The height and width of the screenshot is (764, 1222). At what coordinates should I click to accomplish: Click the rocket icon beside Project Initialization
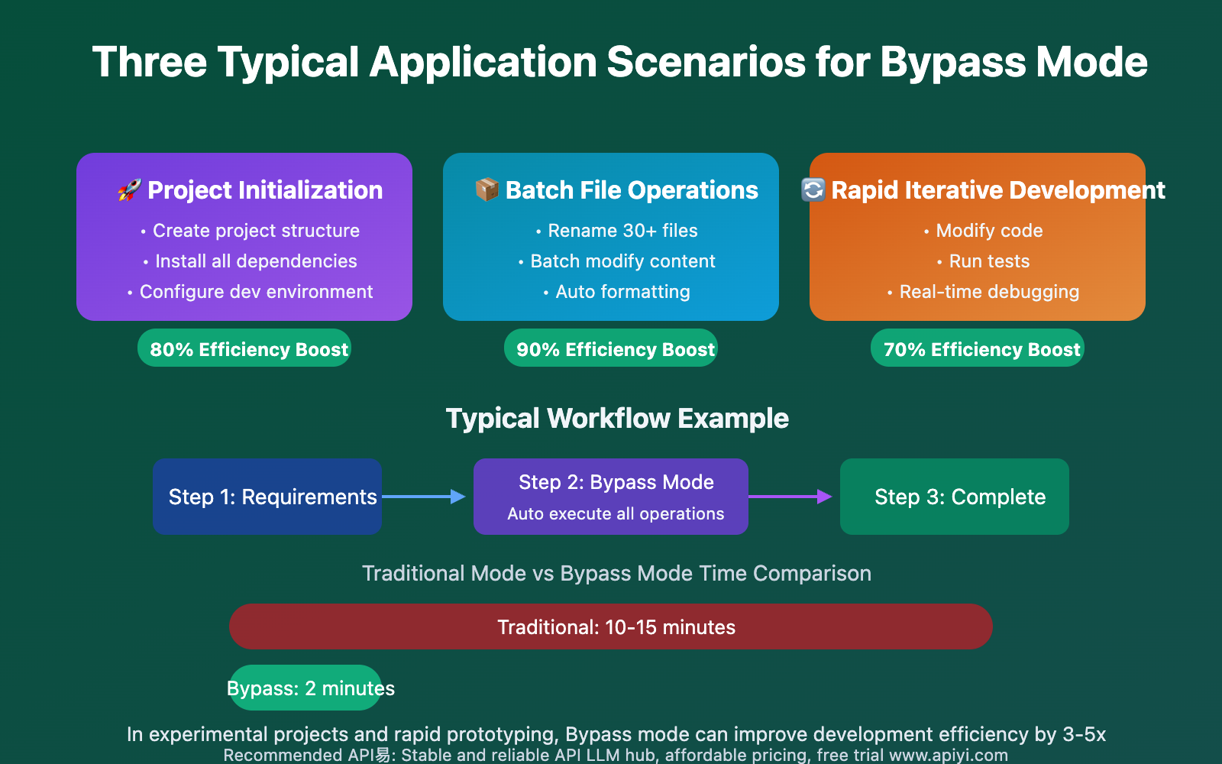pyautogui.click(x=129, y=189)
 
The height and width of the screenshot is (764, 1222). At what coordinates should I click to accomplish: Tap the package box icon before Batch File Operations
pyautogui.click(x=487, y=189)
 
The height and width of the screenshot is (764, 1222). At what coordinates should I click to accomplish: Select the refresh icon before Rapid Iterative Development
pyautogui.click(x=813, y=189)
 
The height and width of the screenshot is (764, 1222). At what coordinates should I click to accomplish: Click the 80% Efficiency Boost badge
pyautogui.click(x=244, y=348)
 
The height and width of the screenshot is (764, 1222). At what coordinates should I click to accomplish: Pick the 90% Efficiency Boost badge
pyautogui.click(x=611, y=348)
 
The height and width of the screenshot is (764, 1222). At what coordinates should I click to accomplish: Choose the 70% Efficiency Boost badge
pyautogui.click(x=978, y=348)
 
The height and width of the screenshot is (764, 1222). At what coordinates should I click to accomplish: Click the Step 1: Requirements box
pyautogui.click(x=267, y=497)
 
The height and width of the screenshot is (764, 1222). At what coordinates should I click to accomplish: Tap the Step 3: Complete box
pyautogui.click(x=955, y=497)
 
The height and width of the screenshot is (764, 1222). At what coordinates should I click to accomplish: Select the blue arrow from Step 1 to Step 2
pyautogui.click(x=424, y=497)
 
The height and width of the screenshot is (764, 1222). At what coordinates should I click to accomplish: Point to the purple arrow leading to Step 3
pyautogui.click(x=790, y=497)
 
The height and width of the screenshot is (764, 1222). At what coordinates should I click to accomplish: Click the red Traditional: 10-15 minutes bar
pyautogui.click(x=611, y=626)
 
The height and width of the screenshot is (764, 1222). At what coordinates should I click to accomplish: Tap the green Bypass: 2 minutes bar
pyautogui.click(x=305, y=688)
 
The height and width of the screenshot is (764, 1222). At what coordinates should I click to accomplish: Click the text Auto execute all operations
pyautogui.click(x=616, y=514)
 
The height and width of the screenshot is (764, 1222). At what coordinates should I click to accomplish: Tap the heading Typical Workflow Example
pyautogui.click(x=617, y=419)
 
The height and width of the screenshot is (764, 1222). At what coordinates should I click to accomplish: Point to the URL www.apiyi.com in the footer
pyautogui.click(x=949, y=756)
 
